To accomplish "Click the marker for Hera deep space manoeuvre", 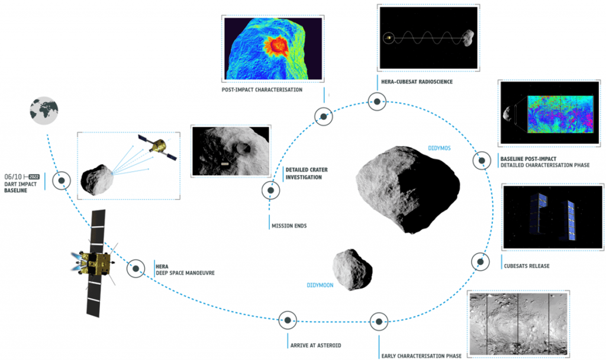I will (x=136, y=268).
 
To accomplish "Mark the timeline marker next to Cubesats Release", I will (x=480, y=261).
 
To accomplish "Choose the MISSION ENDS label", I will (x=288, y=226).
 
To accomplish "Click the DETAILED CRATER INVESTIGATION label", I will (x=307, y=173).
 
